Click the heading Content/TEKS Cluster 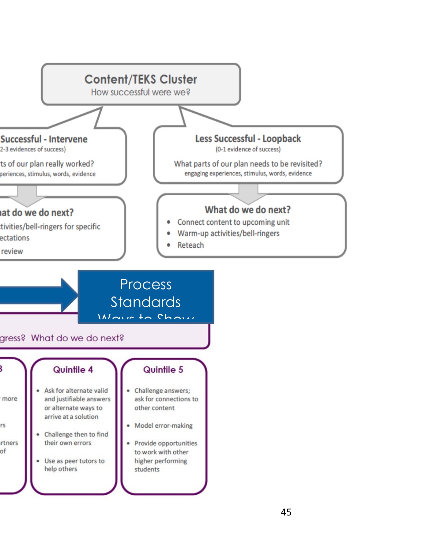pos(141,79)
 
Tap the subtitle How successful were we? pos(141,92)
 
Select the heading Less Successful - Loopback pos(248,139)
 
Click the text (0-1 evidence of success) pos(248,149)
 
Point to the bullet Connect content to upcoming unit pos(233,222)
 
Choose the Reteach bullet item pos(190,245)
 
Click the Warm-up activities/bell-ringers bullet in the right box pos(228,234)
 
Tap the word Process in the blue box pos(146,284)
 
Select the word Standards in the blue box pos(146,302)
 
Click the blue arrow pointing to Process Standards pos(37,296)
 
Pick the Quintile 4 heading pos(73,370)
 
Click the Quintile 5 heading pos(163,370)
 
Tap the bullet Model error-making pos(164,425)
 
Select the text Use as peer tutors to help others pos(74,465)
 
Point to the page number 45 pos(286,512)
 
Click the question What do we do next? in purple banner pos(77,338)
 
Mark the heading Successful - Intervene pos(44,139)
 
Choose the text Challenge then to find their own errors pos(76,439)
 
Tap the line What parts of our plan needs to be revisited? pos(248,164)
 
